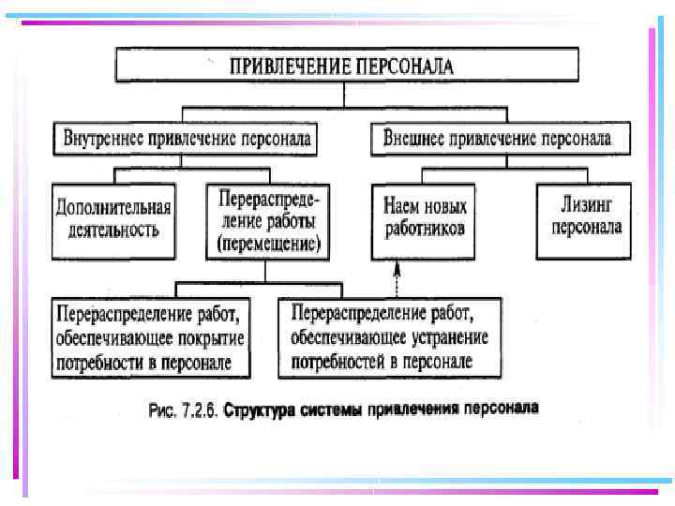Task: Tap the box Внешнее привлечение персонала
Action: [497, 139]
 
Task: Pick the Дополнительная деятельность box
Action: [114, 219]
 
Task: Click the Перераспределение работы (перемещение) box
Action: [268, 221]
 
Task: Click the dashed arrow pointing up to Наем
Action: [397, 278]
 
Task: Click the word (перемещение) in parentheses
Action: [268, 245]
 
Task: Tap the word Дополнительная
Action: [114, 207]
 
